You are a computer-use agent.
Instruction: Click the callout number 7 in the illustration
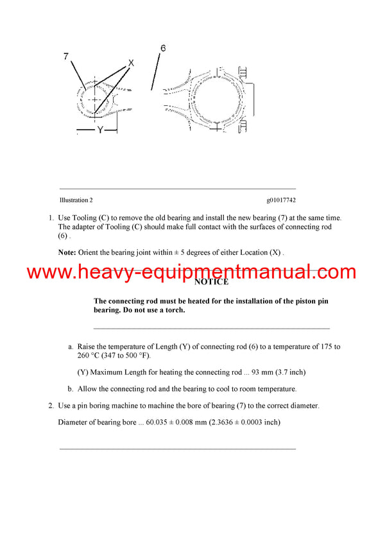66,56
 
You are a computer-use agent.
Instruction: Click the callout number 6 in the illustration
163,48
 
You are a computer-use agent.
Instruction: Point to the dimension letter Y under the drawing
99,130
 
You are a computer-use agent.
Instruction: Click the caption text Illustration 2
76,200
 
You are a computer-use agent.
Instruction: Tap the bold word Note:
67,252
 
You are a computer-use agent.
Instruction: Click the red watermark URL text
192,272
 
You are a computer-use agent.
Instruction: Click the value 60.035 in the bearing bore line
161,422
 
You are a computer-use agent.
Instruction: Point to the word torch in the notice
174,310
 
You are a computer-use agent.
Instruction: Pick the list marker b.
70,389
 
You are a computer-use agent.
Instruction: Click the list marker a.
70,347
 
